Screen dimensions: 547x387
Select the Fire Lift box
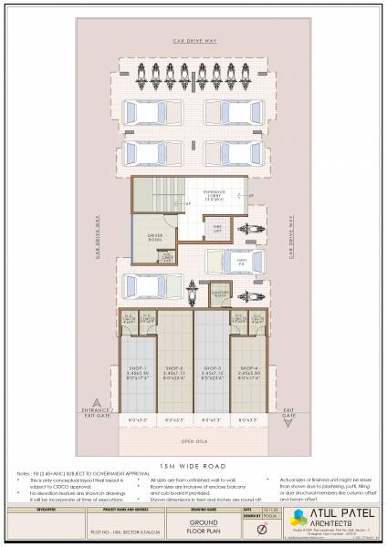218,230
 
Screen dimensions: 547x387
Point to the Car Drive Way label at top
193,42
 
